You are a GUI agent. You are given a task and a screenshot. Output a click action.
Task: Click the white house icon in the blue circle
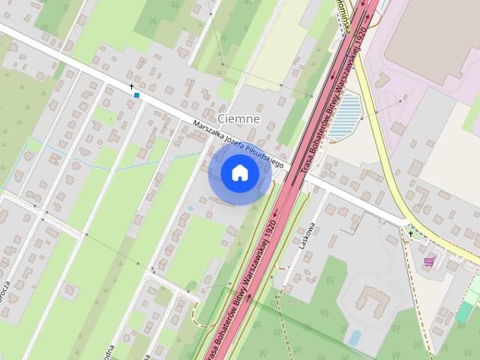pyautogui.click(x=240, y=173)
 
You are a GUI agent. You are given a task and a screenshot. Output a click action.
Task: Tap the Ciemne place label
pyautogui.click(x=238, y=118)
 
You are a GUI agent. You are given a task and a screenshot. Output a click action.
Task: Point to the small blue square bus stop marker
pyautogui.click(x=136, y=95)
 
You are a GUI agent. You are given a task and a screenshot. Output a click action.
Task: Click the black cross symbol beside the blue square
pyautogui.click(x=132, y=87)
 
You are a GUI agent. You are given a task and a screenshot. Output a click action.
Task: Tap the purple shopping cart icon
pyautogui.click(x=428, y=261)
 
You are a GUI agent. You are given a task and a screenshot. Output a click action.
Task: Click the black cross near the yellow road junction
pyautogui.click(x=410, y=234)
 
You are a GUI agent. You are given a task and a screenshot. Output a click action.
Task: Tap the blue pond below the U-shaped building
pyautogui.click(x=354, y=337)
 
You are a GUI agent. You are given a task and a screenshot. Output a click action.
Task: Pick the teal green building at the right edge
pyautogui.click(x=465, y=310)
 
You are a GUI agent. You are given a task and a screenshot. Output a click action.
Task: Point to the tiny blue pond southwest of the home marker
pyautogui.click(x=190, y=208)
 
